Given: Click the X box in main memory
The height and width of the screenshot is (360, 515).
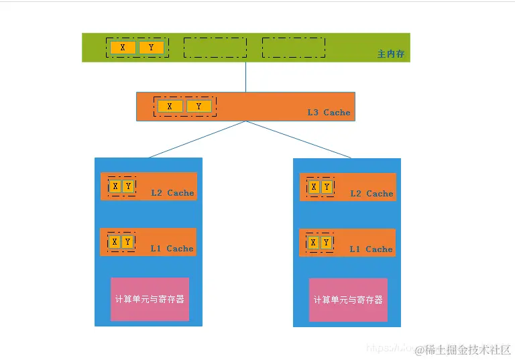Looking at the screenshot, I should point(123,48).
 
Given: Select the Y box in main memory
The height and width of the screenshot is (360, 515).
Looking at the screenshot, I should point(151,48).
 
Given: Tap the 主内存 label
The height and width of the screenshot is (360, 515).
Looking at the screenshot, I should point(391,54).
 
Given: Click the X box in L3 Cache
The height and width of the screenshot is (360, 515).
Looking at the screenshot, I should point(170,106).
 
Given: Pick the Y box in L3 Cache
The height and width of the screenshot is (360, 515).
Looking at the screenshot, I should point(198,106).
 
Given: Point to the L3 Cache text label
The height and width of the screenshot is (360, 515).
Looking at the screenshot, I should point(329,112).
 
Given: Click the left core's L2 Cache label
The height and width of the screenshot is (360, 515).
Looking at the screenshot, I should point(172,193).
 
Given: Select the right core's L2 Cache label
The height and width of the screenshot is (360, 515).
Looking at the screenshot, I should point(371,194).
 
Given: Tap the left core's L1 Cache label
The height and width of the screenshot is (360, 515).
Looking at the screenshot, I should point(172,249).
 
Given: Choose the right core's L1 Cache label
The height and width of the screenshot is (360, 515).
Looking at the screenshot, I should point(371,249).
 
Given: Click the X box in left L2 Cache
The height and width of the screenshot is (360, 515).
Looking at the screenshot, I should point(115,186).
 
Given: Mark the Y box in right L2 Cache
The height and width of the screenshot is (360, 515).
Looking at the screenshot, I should point(327,186).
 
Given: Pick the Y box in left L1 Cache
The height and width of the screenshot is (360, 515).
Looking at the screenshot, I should point(127,241).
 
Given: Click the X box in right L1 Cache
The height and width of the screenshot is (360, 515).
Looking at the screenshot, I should point(313,242).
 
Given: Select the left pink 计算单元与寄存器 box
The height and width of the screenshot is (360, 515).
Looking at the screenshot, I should point(150,299).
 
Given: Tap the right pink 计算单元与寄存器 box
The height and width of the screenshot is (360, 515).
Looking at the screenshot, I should point(348,300).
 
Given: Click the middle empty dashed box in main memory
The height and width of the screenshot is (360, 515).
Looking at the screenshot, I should point(215,48).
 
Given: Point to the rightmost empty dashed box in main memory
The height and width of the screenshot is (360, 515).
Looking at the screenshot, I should point(293,48).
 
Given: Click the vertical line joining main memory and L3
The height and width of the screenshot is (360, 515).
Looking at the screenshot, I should point(245,77).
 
